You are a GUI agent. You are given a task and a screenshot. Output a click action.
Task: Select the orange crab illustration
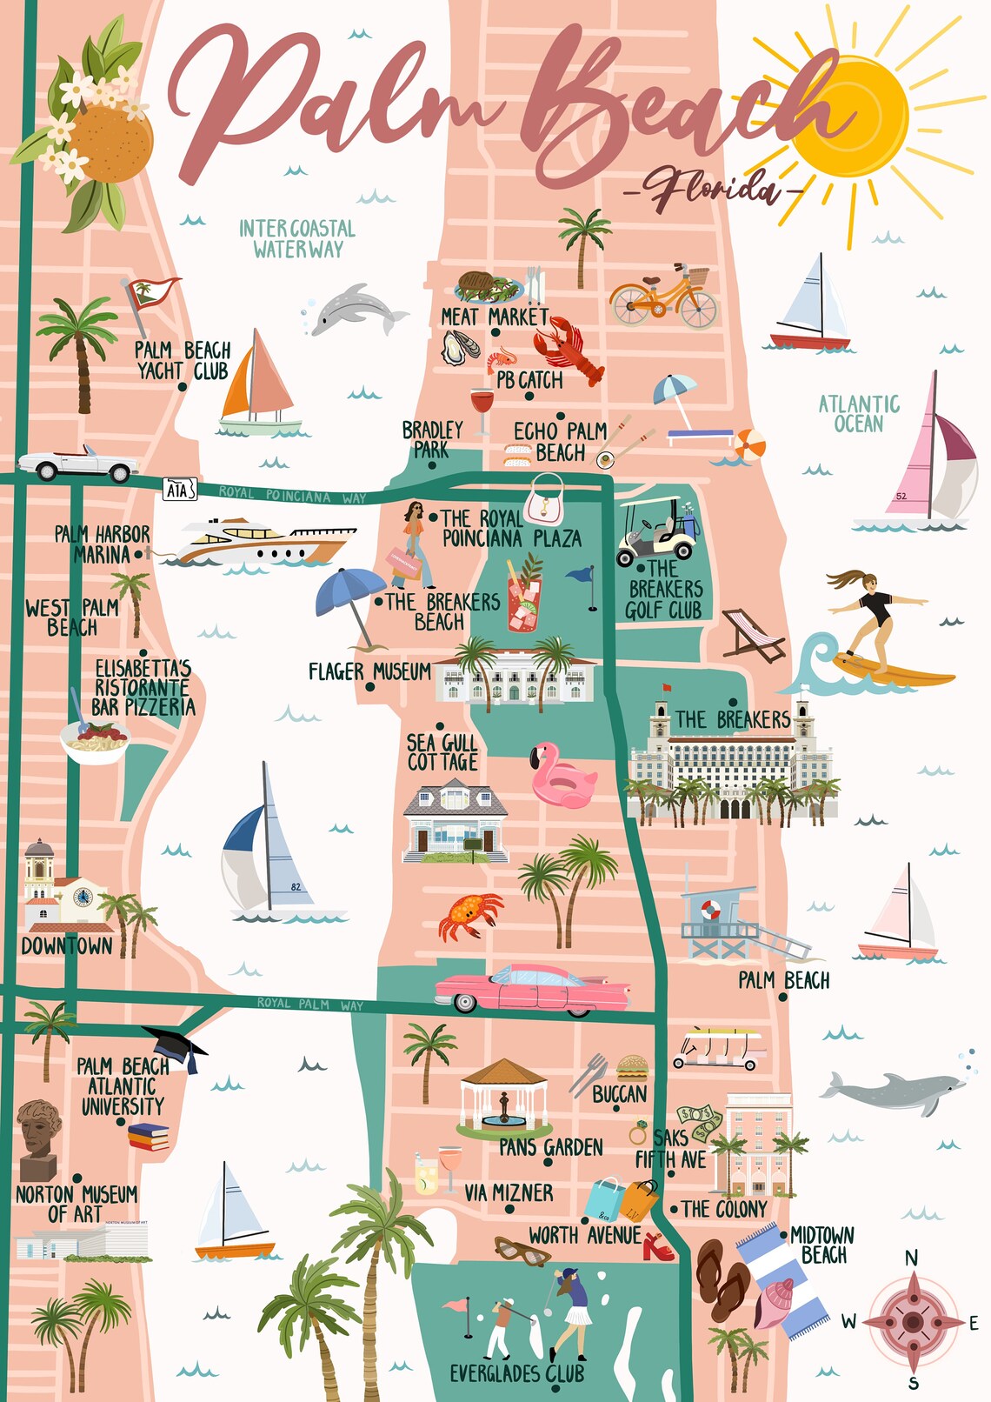pyautogui.click(x=469, y=915)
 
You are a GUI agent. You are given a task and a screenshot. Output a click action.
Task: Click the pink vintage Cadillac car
pyautogui.click(x=532, y=988)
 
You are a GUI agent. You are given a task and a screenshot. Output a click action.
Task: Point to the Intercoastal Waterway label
pyautogui.click(x=297, y=239)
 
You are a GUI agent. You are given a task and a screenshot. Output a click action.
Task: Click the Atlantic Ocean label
pyautogui.click(x=859, y=414)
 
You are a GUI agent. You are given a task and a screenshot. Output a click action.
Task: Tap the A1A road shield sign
pyautogui.click(x=180, y=490)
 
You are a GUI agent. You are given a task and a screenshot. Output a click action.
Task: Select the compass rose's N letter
pyautogui.click(x=911, y=1258)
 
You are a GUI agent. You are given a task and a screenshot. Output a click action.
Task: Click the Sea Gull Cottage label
pyautogui.click(x=442, y=753)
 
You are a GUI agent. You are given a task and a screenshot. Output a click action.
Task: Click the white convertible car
pyautogui.click(x=76, y=464)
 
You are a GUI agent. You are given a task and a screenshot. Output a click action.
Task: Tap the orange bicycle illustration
pyautogui.click(x=663, y=297)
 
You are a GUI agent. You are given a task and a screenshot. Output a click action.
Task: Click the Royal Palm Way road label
pyautogui.click(x=309, y=1004)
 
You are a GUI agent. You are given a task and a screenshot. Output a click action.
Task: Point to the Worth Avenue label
pyautogui.click(x=584, y=1235)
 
